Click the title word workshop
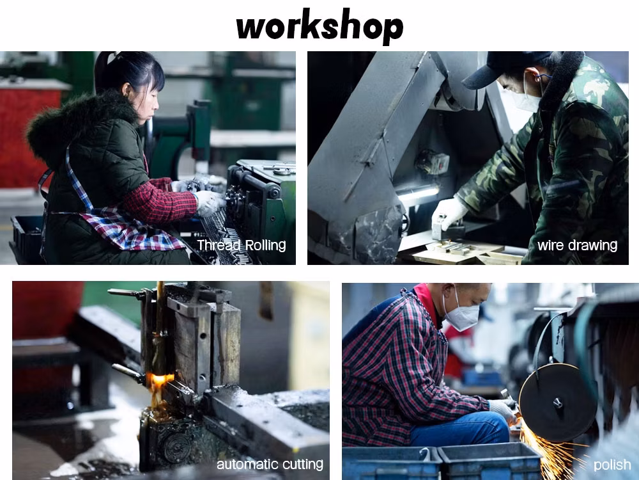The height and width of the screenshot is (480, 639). pyautogui.click(x=319, y=26)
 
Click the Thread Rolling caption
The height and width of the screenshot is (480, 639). pyautogui.click(x=242, y=245)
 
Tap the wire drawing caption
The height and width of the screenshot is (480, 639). pyautogui.click(x=577, y=245)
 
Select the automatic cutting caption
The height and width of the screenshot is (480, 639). pyautogui.click(x=270, y=464)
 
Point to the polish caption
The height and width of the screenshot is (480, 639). pyautogui.click(x=612, y=465)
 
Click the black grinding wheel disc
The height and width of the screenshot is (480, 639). pyautogui.click(x=557, y=403)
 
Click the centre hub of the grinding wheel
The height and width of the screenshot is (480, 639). pyautogui.click(x=557, y=403)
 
